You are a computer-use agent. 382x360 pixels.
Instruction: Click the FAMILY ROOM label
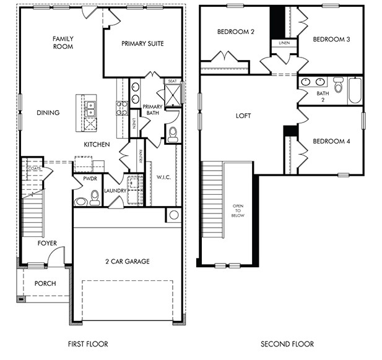(63, 42)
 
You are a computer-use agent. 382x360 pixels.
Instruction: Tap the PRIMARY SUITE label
(142, 43)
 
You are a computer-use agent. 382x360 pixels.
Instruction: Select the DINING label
(48, 113)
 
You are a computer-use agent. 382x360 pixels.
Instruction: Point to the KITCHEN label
(97, 144)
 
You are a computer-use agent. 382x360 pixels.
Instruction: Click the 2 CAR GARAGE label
(127, 262)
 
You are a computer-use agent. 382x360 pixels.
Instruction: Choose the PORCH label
(45, 283)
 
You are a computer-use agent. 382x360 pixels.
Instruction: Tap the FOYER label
(47, 243)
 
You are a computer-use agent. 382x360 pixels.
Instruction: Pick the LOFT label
(243, 116)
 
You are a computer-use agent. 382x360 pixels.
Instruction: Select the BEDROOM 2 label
(236, 32)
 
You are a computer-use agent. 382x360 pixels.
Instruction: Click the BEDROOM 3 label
(331, 39)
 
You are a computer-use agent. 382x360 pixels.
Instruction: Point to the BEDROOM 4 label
(331, 141)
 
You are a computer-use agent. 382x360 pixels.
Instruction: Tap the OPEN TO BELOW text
(238, 210)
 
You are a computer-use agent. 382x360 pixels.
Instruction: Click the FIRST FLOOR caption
(88, 344)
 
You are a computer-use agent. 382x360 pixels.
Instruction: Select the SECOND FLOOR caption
(287, 344)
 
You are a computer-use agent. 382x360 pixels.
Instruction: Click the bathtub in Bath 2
(355, 90)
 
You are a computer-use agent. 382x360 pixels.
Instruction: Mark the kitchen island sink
(90, 108)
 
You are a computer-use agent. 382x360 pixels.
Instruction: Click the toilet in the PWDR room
(95, 197)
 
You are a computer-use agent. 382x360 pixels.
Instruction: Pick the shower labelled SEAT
(171, 93)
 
